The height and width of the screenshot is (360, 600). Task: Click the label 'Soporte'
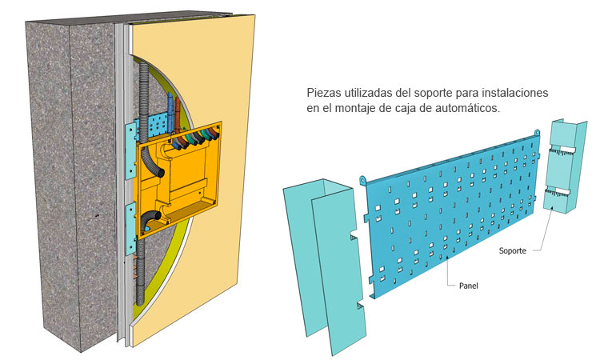[x=512, y=251]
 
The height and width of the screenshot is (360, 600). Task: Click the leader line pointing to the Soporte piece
[x=538, y=231]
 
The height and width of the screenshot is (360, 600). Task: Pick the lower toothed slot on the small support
[x=558, y=194]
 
